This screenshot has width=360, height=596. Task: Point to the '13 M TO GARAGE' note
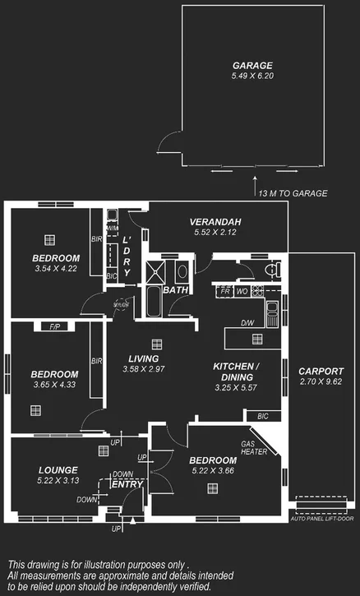293,193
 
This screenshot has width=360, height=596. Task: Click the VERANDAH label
215,222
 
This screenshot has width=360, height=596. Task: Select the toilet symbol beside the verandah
274,270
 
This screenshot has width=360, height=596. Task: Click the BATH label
174,290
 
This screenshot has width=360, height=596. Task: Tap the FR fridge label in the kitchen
225,291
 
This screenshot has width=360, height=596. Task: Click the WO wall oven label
242,291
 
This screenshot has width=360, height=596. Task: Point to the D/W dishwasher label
247,323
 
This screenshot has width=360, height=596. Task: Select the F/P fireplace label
55,327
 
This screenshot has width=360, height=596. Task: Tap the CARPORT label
321,371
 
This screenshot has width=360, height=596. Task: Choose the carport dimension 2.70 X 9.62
321,381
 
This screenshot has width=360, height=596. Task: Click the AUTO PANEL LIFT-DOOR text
325,520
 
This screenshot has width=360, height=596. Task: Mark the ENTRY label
127,484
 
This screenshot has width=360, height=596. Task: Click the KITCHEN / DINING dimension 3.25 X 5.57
237,387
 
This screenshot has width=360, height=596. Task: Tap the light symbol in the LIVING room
155,344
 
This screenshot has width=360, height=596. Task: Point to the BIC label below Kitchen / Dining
262,417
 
